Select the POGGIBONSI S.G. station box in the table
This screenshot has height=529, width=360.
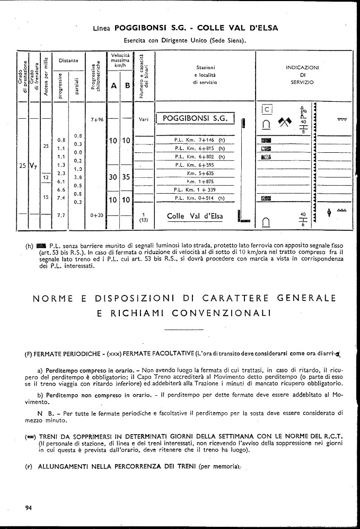tap(196, 119)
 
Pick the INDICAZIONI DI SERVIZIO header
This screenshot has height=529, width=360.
tap(302, 75)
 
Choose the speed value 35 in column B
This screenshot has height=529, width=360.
tap(126, 178)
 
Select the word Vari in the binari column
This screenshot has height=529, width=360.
tap(143, 119)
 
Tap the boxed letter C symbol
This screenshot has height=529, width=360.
tap(268, 110)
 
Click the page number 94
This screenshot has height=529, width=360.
tap(29, 508)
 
